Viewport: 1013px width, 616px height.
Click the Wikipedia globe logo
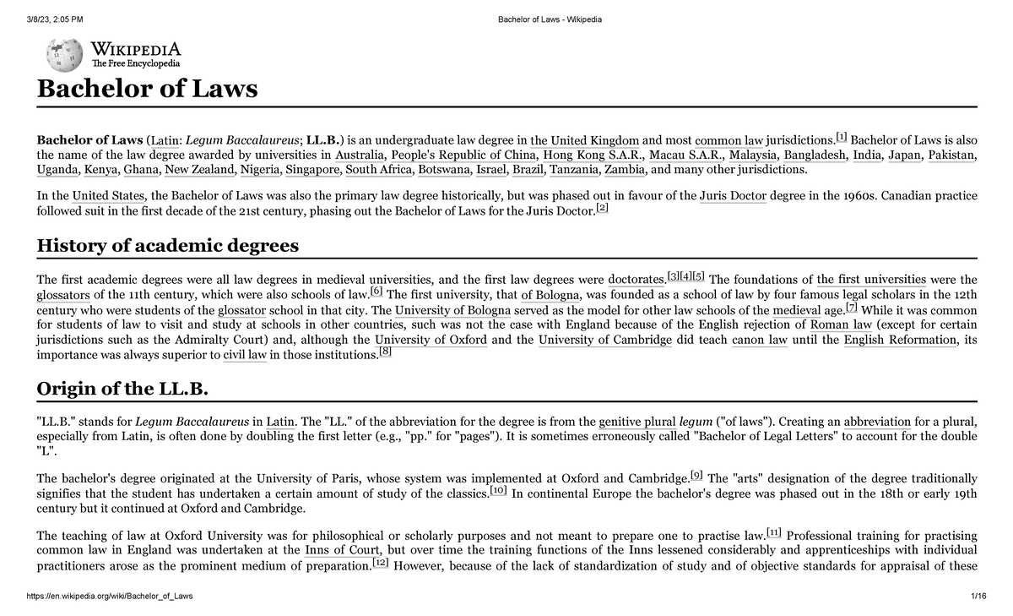pyautogui.click(x=65, y=56)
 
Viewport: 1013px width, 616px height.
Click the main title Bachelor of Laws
pyautogui.click(x=147, y=89)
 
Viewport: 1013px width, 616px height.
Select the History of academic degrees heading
pyautogui.click(x=167, y=246)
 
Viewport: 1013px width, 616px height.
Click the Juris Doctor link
pyautogui.click(x=733, y=196)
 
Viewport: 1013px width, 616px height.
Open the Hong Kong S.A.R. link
pyautogui.click(x=594, y=155)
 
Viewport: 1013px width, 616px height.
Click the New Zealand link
pyautogui.click(x=199, y=170)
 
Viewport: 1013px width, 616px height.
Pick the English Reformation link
pyautogui.click(x=900, y=341)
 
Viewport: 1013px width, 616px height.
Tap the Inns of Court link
pyautogui.click(x=342, y=551)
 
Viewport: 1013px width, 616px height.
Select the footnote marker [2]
pyautogui.click(x=601, y=209)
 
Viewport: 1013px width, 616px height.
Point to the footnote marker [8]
pyautogui.click(x=385, y=352)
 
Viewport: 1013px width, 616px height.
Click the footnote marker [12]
pyautogui.click(x=380, y=564)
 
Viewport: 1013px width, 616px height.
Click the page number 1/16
pyautogui.click(x=978, y=597)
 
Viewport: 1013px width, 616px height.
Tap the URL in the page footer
pyautogui.click(x=110, y=597)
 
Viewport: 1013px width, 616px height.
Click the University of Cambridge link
pyautogui.click(x=605, y=341)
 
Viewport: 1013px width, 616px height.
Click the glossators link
pyautogui.click(x=64, y=295)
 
